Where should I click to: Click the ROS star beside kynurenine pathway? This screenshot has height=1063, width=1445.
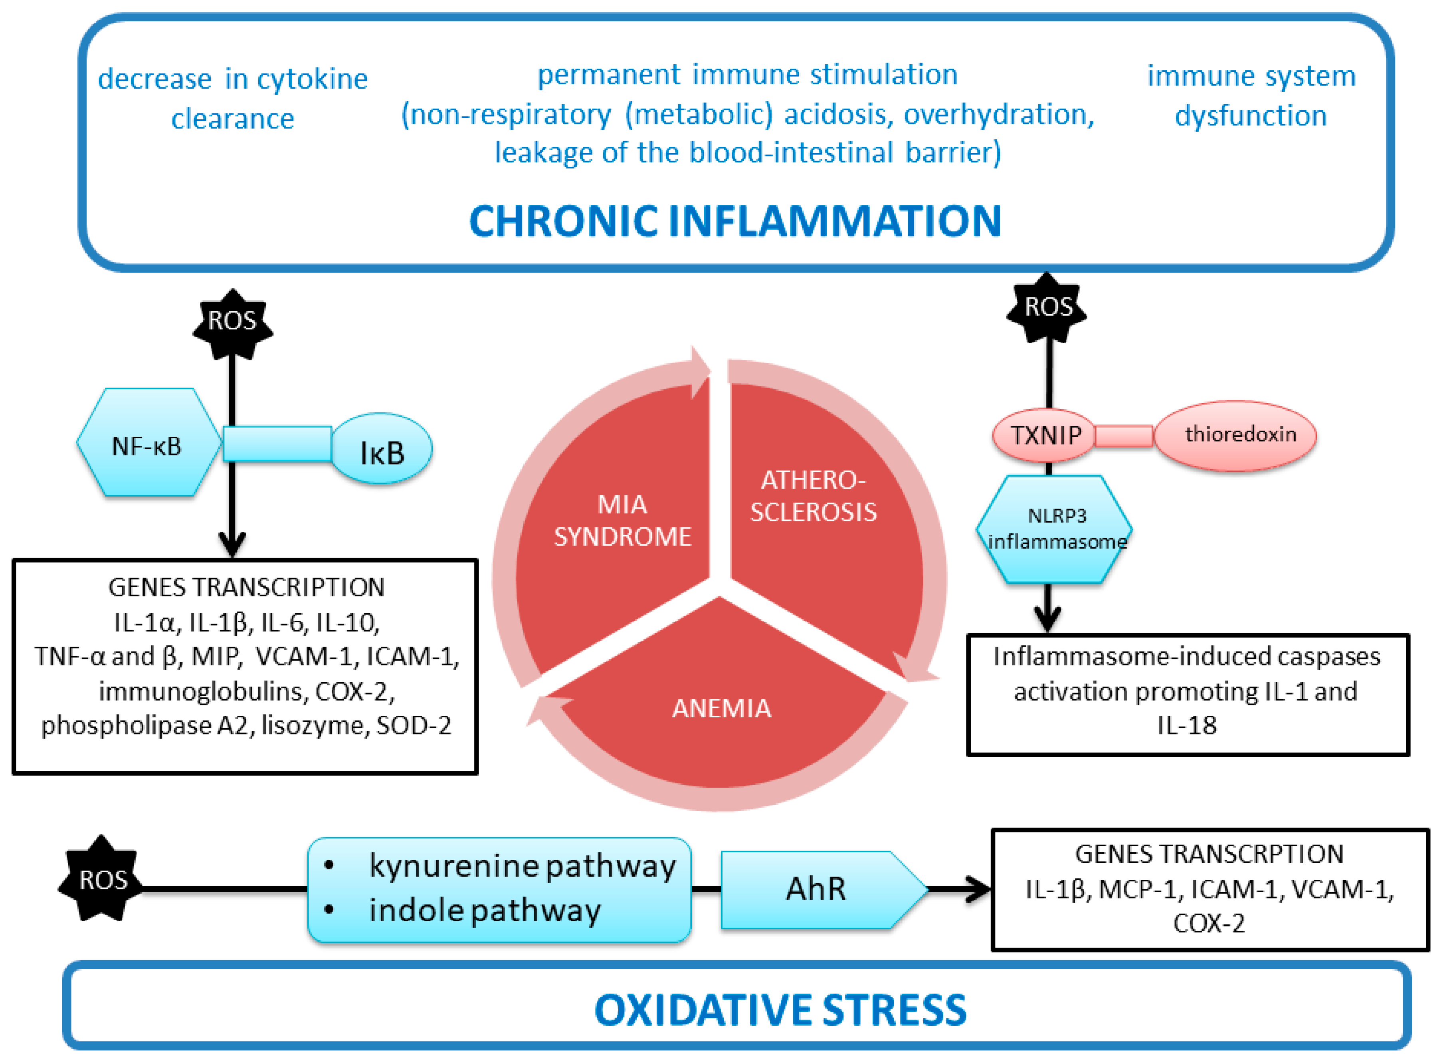102,880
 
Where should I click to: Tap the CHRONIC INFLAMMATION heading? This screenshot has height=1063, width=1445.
735,222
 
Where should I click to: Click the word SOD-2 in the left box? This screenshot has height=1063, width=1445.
414,725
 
